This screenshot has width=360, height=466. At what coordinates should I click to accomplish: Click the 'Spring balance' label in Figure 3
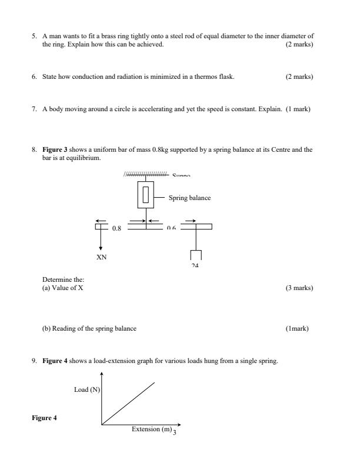(x=190, y=198)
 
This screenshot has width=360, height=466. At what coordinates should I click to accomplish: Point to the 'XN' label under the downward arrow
(x=101, y=257)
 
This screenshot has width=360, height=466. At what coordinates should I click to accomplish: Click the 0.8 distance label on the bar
(x=116, y=228)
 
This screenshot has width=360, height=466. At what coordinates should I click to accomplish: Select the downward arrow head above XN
(x=101, y=248)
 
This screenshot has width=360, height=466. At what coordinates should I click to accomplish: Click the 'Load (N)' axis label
(x=86, y=390)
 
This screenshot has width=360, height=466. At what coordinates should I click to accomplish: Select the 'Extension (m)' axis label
(x=152, y=429)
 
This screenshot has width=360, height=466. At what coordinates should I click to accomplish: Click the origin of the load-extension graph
(x=102, y=424)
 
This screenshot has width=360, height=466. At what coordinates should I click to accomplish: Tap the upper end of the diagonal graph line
(x=155, y=382)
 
